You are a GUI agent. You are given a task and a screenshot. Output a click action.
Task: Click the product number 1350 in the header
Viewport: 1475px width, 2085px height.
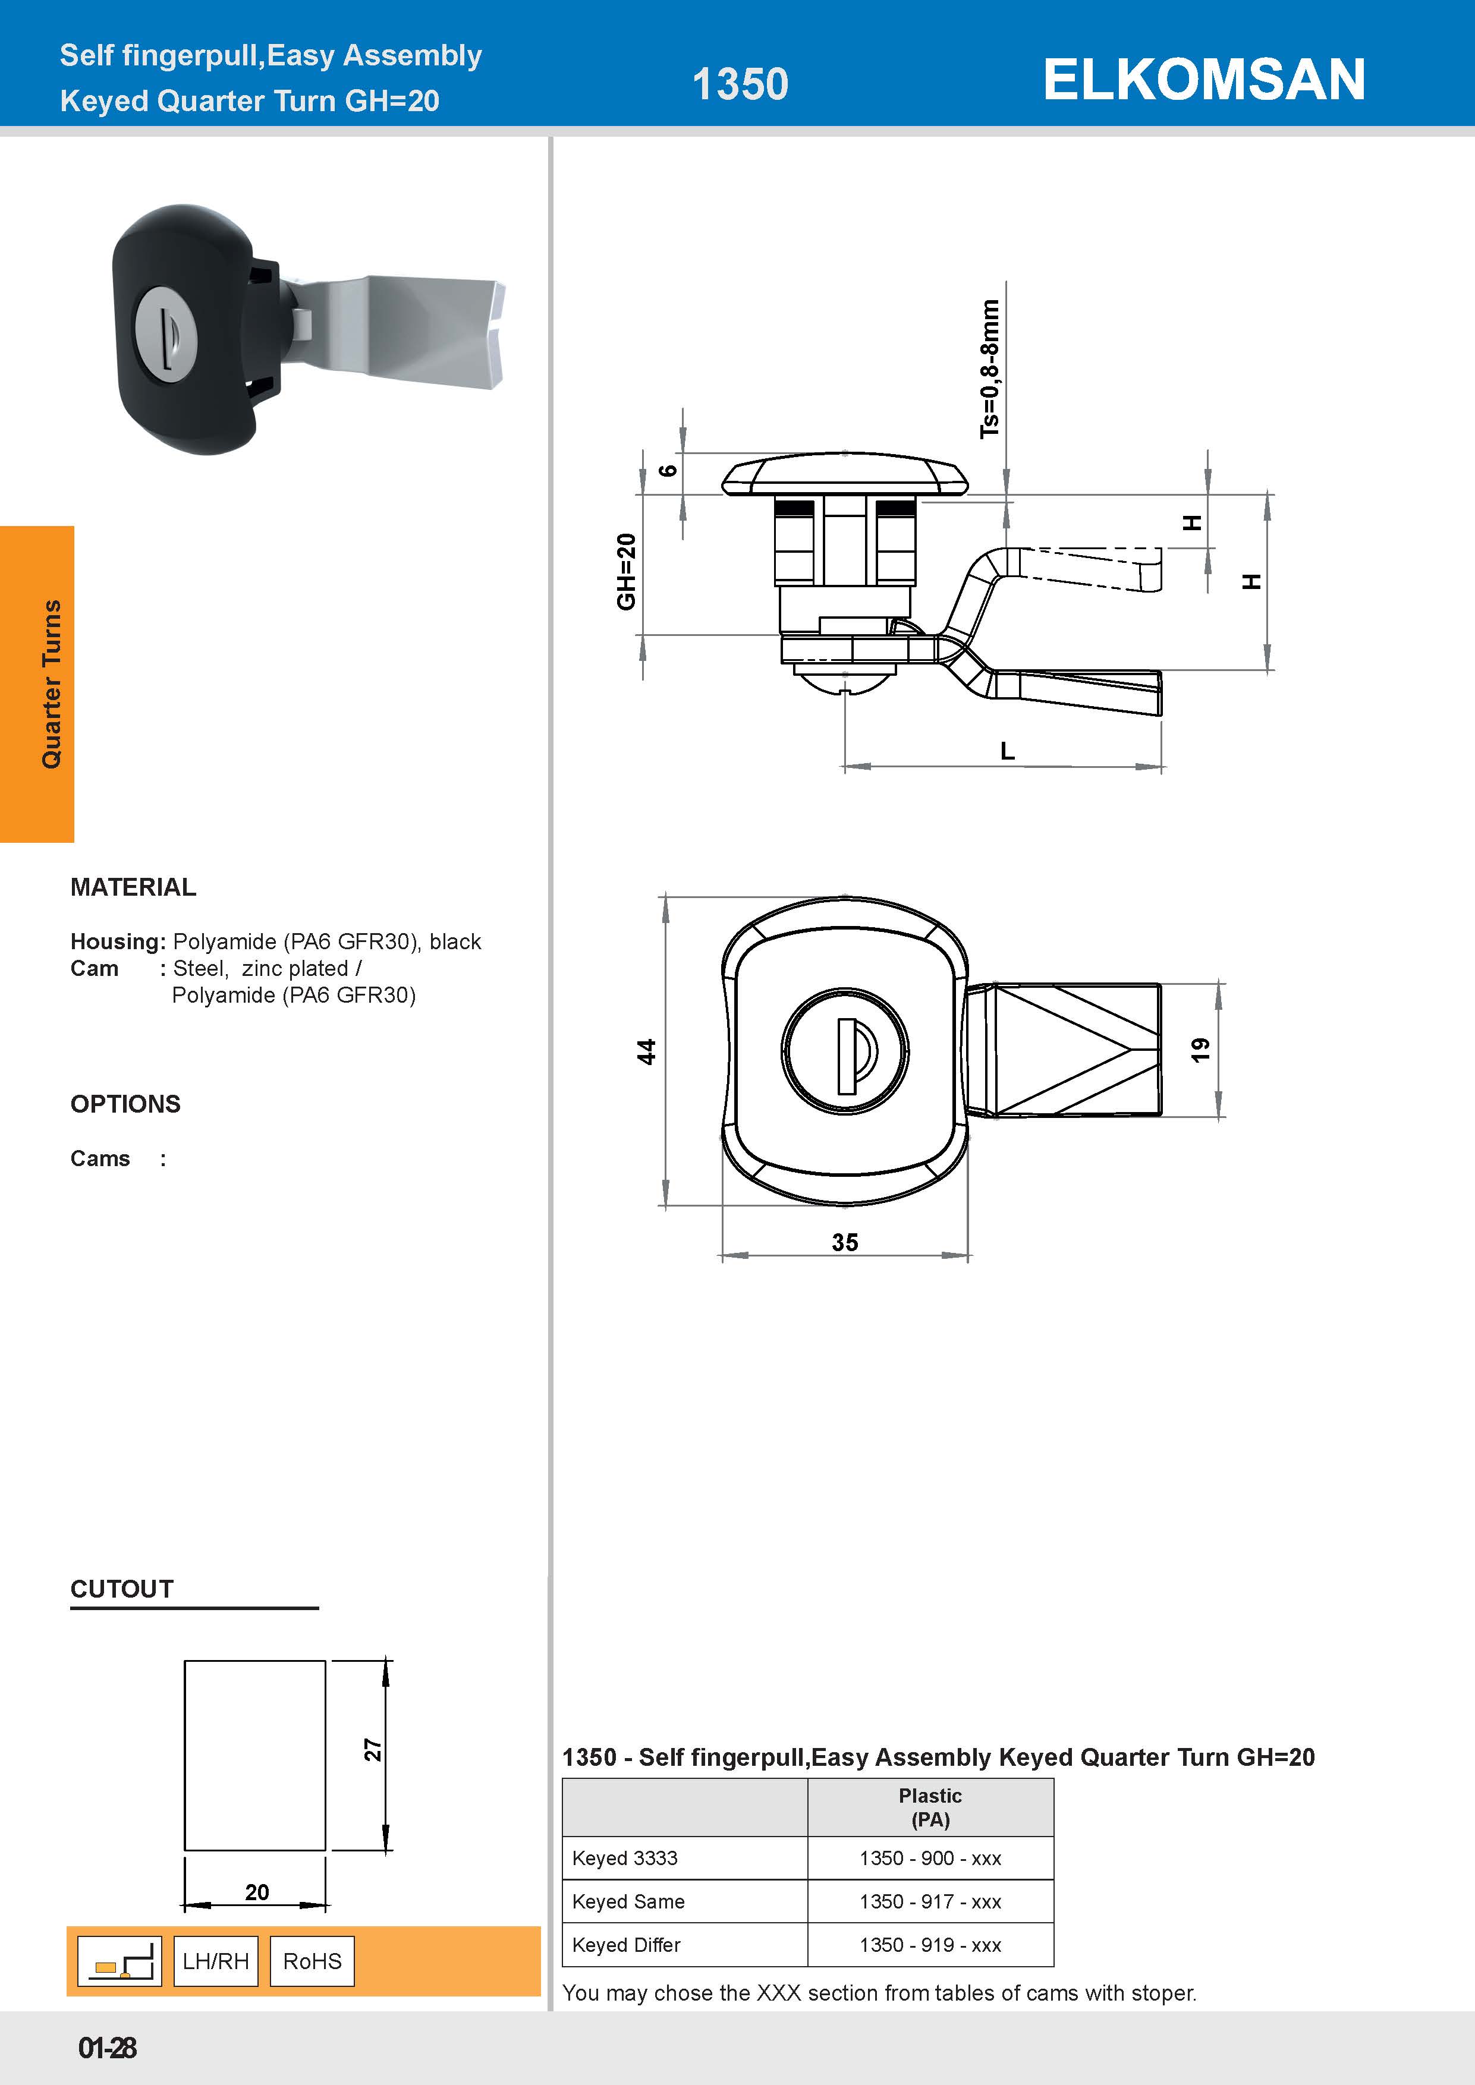point(740,84)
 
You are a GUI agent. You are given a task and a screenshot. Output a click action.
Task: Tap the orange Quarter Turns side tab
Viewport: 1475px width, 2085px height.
point(38,683)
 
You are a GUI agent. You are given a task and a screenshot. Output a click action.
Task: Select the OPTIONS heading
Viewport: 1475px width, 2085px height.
point(125,1104)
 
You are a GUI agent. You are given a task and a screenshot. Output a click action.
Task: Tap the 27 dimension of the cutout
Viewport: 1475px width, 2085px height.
point(372,1750)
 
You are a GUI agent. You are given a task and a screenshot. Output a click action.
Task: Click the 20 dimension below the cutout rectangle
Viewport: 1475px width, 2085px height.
point(256,1892)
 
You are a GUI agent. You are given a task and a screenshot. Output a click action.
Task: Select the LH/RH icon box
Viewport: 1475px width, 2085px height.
point(215,1961)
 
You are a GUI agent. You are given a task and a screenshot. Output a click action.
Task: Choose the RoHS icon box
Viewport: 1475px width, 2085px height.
point(312,1961)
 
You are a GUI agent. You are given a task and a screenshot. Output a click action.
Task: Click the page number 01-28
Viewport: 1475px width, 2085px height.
point(107,2048)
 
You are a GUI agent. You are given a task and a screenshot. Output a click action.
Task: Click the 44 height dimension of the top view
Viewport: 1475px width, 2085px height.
point(646,1051)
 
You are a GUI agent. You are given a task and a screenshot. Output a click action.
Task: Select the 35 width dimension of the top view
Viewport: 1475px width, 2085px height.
point(845,1242)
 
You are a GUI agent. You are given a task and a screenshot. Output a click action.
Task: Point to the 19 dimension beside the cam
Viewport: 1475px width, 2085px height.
point(1200,1050)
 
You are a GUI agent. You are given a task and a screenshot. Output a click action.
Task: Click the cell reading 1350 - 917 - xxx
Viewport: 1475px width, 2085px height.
point(930,1901)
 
